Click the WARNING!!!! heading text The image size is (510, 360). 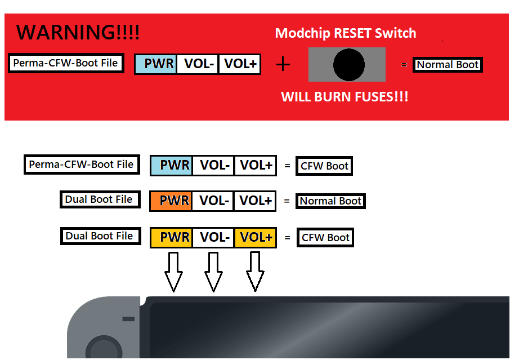click(78, 32)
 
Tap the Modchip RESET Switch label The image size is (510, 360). click(345, 33)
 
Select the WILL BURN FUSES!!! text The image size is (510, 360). click(345, 97)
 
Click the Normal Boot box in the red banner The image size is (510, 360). click(448, 65)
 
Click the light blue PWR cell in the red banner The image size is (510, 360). click(155, 64)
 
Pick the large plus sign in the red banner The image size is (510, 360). click(283, 65)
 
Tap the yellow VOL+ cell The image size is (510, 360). click(255, 237)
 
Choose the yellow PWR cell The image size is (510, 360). click(171, 237)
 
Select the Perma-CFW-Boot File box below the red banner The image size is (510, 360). click(82, 165)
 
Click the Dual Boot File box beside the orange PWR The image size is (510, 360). click(99, 199)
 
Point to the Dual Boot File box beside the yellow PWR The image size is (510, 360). click(99, 236)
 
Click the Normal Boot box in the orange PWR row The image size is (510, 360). click(330, 201)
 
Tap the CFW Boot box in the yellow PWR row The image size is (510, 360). click(326, 238)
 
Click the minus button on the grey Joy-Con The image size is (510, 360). click(128, 319)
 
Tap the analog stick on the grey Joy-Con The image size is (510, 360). click(102, 349)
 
